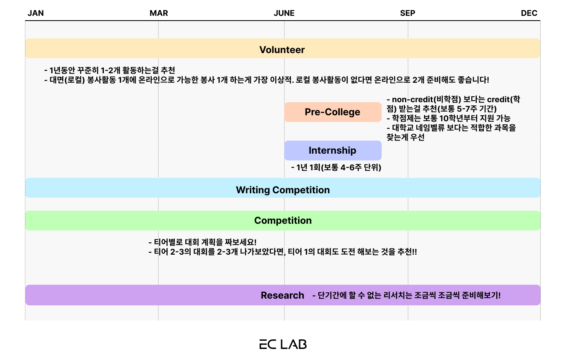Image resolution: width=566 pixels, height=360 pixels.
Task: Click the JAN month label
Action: (x=36, y=13)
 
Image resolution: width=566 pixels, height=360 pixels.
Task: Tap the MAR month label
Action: (x=159, y=13)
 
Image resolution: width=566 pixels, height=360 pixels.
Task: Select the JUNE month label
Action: (x=284, y=13)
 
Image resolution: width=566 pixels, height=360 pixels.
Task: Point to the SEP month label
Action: (x=407, y=13)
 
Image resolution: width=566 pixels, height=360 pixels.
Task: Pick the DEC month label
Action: (x=529, y=13)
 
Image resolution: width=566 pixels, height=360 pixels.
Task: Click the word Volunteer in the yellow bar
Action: (x=282, y=50)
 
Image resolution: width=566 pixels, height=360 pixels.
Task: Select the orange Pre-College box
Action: (x=333, y=112)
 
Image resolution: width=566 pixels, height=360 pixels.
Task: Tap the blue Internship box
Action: (x=333, y=150)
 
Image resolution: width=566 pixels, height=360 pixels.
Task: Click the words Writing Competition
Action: (x=283, y=190)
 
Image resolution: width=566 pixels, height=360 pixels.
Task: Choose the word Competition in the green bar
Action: (x=283, y=220)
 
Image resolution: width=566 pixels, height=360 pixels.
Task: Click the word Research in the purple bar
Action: (x=282, y=295)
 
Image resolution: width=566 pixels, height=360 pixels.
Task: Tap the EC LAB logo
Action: (x=283, y=344)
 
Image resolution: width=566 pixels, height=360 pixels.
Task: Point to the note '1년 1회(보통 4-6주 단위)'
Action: (x=336, y=168)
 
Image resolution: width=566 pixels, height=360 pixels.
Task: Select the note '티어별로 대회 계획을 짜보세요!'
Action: (x=203, y=242)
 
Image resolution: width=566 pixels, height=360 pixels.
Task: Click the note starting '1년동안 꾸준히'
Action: (x=110, y=70)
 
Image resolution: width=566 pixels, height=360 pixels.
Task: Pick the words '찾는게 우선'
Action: (x=405, y=137)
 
